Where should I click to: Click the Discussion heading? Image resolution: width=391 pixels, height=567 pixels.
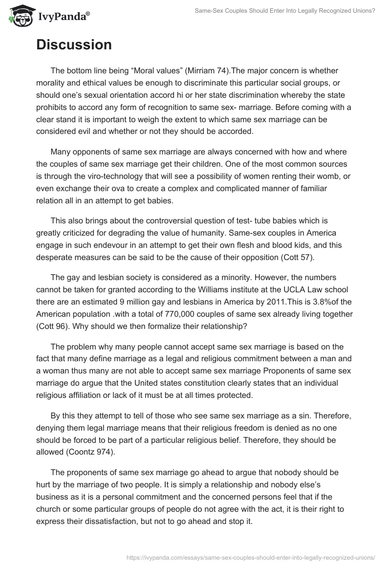coord(74,45)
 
